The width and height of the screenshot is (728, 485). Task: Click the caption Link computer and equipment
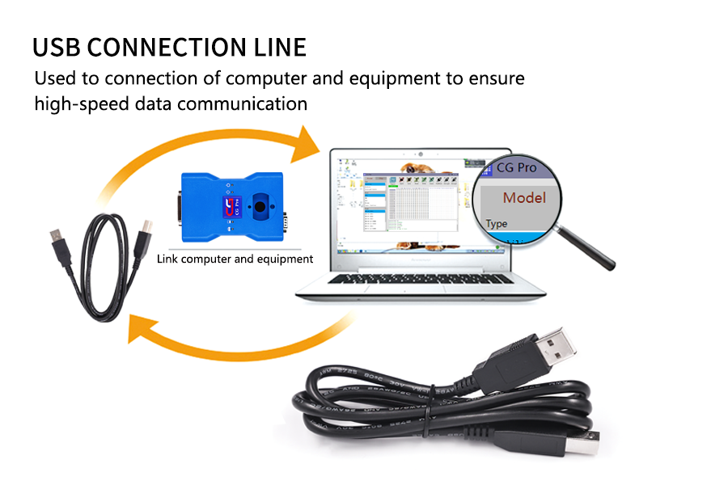(x=235, y=259)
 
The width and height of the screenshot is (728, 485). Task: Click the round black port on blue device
(x=261, y=206)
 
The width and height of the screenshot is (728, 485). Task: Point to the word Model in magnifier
(x=524, y=197)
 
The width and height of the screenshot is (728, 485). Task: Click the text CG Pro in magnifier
(x=518, y=168)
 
